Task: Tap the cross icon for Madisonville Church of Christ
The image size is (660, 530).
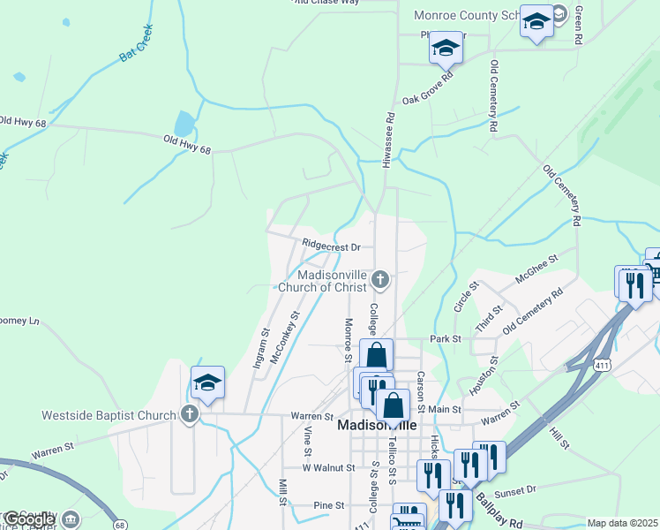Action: point(380,281)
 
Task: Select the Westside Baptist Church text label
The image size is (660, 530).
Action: point(109,414)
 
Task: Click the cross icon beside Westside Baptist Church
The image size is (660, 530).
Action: point(189,413)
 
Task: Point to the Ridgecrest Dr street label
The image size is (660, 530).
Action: point(332,246)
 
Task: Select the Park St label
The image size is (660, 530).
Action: point(446,338)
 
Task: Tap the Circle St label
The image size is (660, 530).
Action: point(465,296)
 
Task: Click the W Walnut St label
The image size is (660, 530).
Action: point(328,467)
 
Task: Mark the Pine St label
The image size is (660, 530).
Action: point(328,505)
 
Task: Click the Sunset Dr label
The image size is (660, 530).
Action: point(516,490)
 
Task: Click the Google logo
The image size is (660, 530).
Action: point(29,519)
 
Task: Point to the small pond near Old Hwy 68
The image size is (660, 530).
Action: point(184,125)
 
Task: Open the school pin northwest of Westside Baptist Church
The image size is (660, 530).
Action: point(207,382)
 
